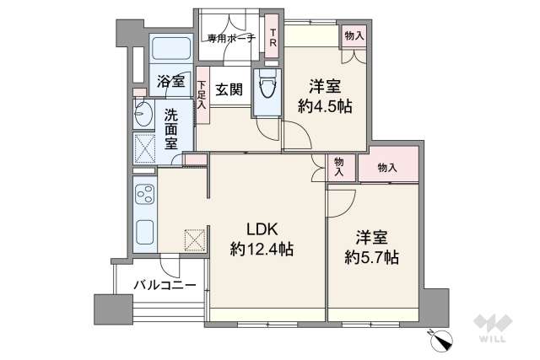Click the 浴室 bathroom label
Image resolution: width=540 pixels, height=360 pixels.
[x=171, y=81]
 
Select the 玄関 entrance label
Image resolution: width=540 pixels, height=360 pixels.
[x=229, y=88]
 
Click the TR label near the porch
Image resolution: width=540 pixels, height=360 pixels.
[x=273, y=38]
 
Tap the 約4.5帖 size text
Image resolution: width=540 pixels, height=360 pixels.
[x=324, y=107]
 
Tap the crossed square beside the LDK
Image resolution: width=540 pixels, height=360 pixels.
[x=194, y=240]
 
